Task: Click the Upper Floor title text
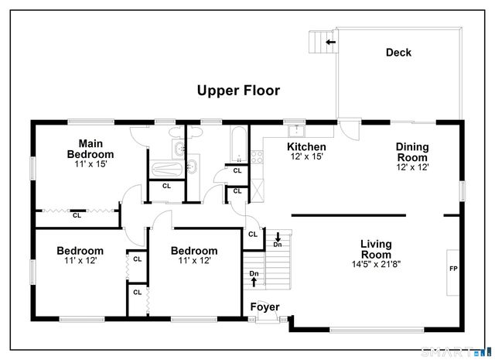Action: point(237,91)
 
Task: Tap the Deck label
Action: point(398,53)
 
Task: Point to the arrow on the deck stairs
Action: point(330,42)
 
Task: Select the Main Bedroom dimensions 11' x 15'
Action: point(90,164)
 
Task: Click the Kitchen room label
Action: point(306,146)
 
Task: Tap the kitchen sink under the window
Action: point(294,130)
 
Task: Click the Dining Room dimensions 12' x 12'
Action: point(412,166)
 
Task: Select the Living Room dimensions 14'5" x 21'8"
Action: point(376,263)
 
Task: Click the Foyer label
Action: point(264,307)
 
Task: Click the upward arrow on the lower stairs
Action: point(254,281)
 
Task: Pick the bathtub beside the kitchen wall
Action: point(237,143)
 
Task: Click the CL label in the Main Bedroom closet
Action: point(77,216)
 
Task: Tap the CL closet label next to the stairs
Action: point(253,235)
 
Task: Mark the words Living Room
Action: point(376,249)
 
